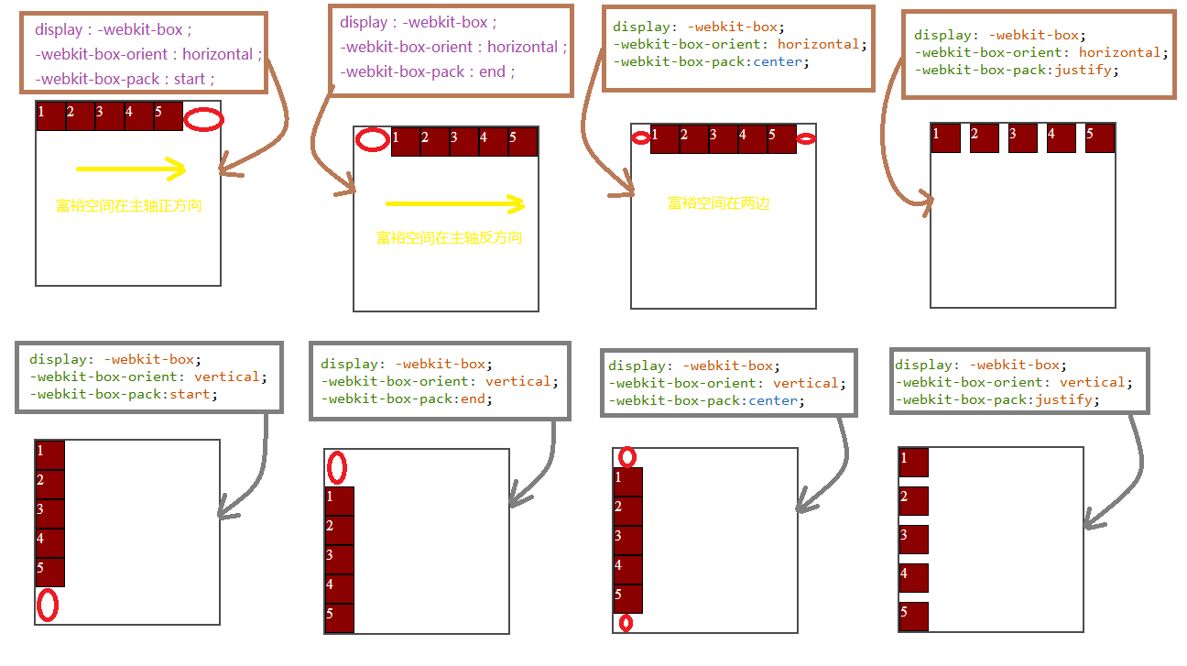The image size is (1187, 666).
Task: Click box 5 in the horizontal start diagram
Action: tap(169, 116)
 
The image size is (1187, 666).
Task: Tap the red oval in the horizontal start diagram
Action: tap(203, 119)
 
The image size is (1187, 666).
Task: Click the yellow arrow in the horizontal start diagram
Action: tap(131, 169)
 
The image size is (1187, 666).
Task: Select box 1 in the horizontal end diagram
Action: tap(406, 142)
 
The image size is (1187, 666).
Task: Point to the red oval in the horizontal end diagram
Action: tap(372, 140)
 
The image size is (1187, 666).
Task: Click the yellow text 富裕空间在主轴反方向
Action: tap(449, 238)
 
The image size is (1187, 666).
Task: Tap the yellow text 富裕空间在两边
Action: tap(719, 203)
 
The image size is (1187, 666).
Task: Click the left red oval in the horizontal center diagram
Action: tap(641, 137)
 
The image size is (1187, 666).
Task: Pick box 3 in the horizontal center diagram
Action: tap(724, 139)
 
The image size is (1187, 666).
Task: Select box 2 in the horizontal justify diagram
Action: tap(984, 138)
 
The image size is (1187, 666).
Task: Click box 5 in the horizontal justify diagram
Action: tap(1099, 138)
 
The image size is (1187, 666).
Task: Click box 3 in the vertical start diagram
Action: tap(49, 514)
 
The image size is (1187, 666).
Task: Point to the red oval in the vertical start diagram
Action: tap(47, 605)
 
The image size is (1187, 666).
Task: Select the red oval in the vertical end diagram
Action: tap(337, 468)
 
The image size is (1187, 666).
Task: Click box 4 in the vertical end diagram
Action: tap(339, 589)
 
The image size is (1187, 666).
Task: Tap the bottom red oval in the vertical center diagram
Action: tap(626, 623)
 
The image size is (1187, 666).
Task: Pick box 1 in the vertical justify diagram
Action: tap(914, 463)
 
